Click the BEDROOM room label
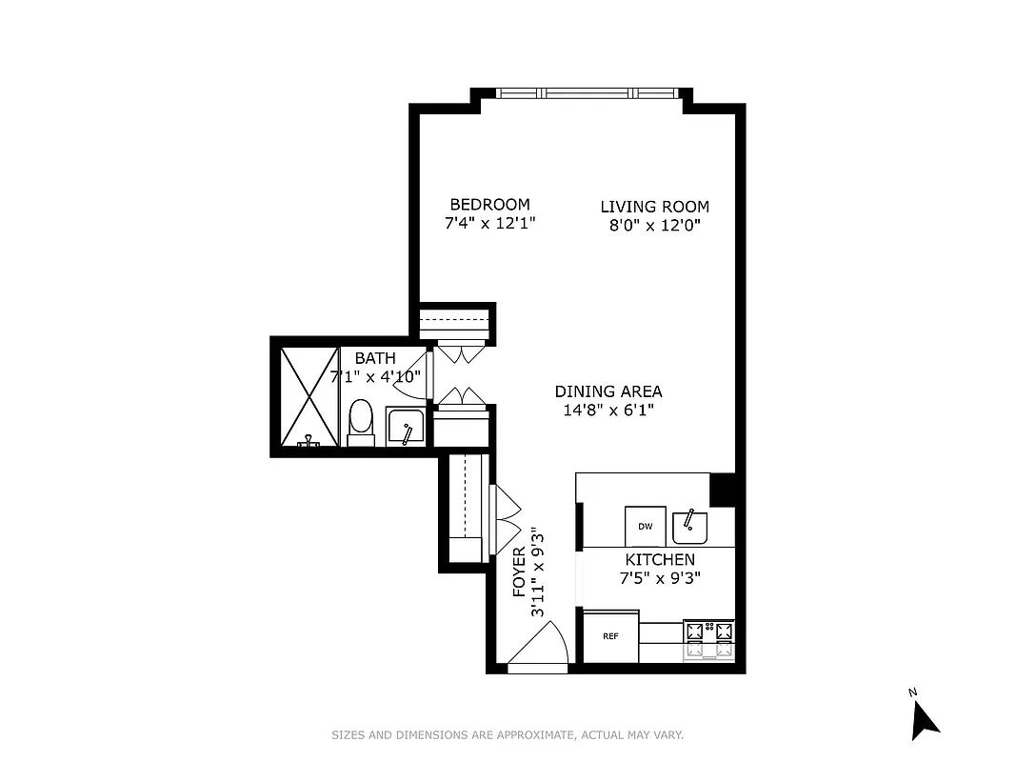tap(489, 205)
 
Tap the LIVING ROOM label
tap(654, 207)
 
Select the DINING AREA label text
tap(608, 391)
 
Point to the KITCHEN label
tap(659, 560)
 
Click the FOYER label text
tap(519, 572)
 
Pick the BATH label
tap(375, 358)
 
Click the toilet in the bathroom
tap(360, 422)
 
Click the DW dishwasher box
tap(645, 526)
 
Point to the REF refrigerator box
tap(609, 636)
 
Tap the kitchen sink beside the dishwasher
tap(689, 525)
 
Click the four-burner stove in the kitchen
tap(709, 640)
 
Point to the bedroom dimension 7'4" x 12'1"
tap(489, 224)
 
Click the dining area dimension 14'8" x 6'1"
tap(608, 411)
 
